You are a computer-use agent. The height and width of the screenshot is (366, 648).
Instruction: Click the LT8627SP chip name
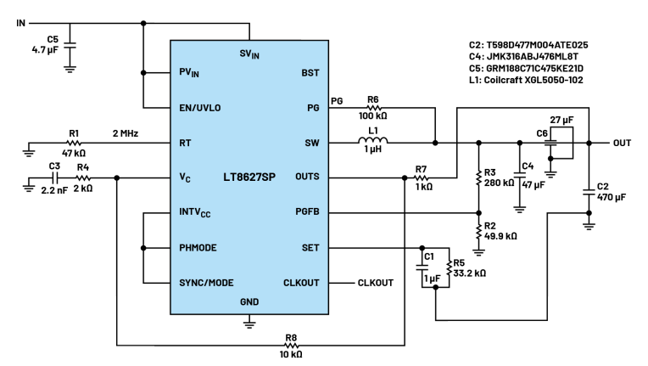(x=249, y=177)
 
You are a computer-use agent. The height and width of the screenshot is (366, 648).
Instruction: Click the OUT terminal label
(x=622, y=143)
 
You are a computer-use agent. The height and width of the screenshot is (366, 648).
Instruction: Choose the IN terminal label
(x=20, y=22)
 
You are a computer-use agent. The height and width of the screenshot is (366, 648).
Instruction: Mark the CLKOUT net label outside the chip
(x=376, y=283)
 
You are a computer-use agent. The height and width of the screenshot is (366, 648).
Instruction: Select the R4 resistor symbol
(x=83, y=177)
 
